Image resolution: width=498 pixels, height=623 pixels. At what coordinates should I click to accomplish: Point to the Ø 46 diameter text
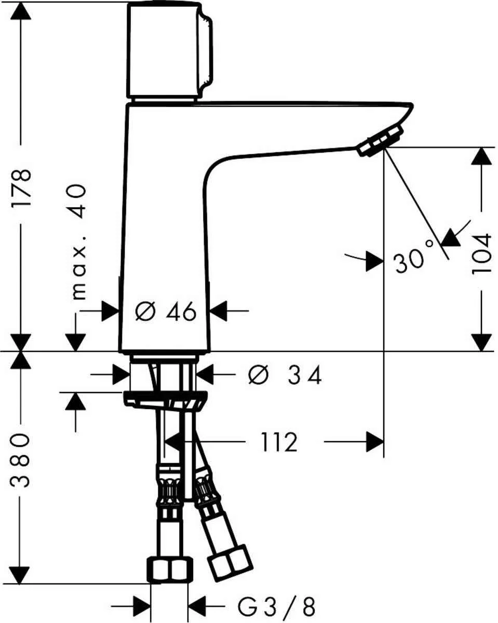click(x=165, y=312)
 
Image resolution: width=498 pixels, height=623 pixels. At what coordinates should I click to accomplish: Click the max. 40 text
click(x=78, y=242)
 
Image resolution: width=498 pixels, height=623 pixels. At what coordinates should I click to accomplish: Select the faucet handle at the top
click(x=166, y=50)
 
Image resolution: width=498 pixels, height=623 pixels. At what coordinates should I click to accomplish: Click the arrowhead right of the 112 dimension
click(x=374, y=442)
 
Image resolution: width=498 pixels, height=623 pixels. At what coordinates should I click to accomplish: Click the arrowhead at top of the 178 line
click(x=22, y=10)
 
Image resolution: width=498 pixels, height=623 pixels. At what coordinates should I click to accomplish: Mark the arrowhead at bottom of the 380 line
click(x=22, y=574)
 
